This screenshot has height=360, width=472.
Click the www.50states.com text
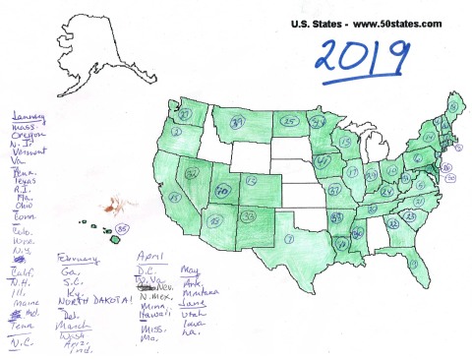pyautogui.click(x=388, y=24)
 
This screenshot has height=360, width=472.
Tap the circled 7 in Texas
pyautogui.click(x=286, y=239)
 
